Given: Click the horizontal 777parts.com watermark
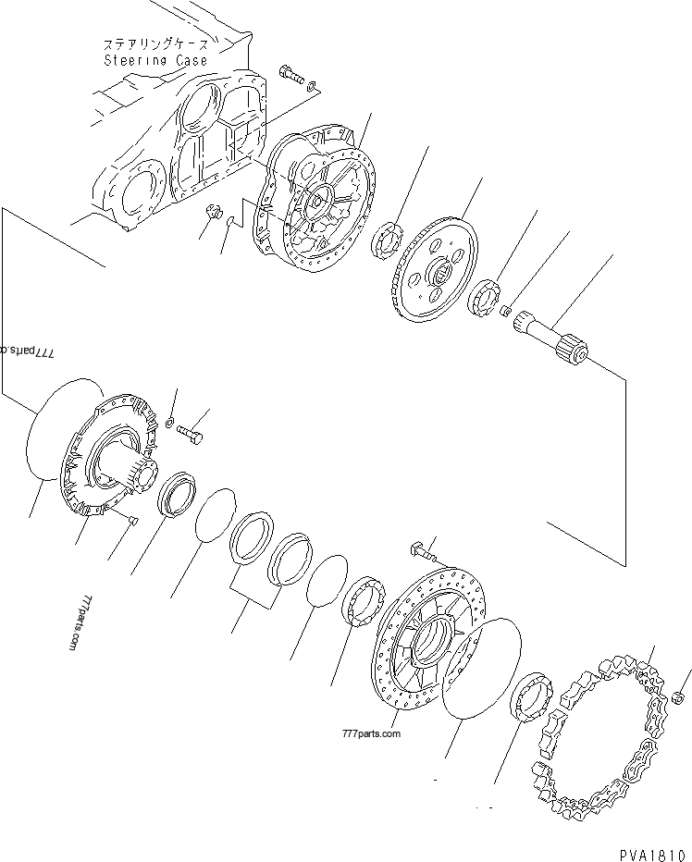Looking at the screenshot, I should (x=370, y=733).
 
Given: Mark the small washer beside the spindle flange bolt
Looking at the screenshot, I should (x=169, y=423).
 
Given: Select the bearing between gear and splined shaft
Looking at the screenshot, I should (x=485, y=301).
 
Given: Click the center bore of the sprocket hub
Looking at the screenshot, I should (x=435, y=638).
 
